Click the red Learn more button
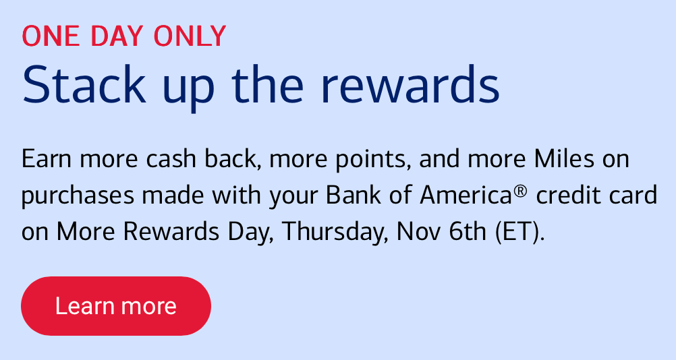pos(116,306)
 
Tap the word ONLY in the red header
pos(190,36)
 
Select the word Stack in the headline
pos(84,84)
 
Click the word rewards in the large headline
pos(410,84)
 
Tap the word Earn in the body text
pos(46,158)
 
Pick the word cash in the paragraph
pos(171,158)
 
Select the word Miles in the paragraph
pos(565,158)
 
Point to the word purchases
pos(78,196)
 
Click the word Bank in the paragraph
pos(354,195)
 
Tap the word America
pos(466,195)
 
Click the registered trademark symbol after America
pos(520,190)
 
